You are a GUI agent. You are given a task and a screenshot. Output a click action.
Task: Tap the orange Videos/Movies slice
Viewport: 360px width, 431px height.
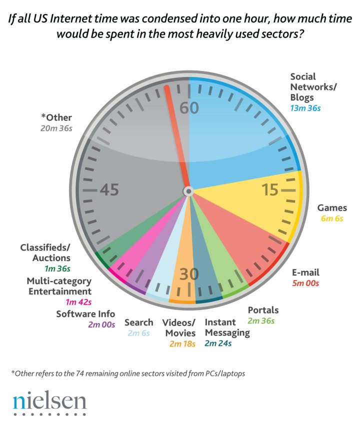coord(183,260)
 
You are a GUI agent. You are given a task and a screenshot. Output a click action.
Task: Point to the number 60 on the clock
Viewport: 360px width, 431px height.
coord(189,108)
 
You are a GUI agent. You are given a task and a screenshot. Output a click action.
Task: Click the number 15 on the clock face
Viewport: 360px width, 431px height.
coord(270,190)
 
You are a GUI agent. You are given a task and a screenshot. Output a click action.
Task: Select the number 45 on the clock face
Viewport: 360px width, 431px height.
coord(109,190)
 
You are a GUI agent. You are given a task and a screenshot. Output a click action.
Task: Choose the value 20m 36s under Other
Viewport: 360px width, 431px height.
coord(56,128)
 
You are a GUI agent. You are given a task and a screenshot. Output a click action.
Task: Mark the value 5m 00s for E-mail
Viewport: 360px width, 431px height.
coord(305,283)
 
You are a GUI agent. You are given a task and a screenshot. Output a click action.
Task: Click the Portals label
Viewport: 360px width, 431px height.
coord(263,310)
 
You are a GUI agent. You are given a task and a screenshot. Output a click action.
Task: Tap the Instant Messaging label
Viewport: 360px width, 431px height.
coord(226,328)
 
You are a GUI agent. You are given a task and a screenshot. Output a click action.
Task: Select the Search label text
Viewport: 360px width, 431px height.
coord(138,322)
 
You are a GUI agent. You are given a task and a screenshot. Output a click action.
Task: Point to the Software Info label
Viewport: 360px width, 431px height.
coord(85,314)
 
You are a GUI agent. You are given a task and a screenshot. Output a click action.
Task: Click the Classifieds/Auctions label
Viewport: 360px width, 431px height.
coord(45,252)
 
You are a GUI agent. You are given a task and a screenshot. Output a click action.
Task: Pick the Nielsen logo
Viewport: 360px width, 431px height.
coord(49,402)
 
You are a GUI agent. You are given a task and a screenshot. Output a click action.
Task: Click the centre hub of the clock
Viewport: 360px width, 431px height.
coord(188,191)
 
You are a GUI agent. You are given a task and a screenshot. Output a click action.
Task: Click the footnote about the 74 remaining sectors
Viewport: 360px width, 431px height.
coord(127,373)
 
